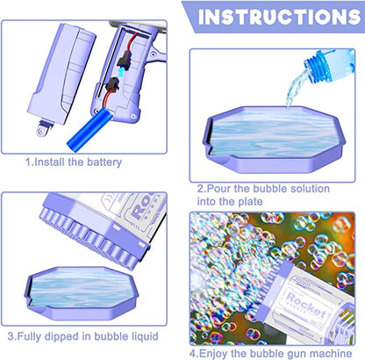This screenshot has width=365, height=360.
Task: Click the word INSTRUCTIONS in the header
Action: pyautogui.click(x=279, y=17)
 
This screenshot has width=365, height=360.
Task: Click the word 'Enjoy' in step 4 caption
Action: pyautogui.click(x=221, y=335)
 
